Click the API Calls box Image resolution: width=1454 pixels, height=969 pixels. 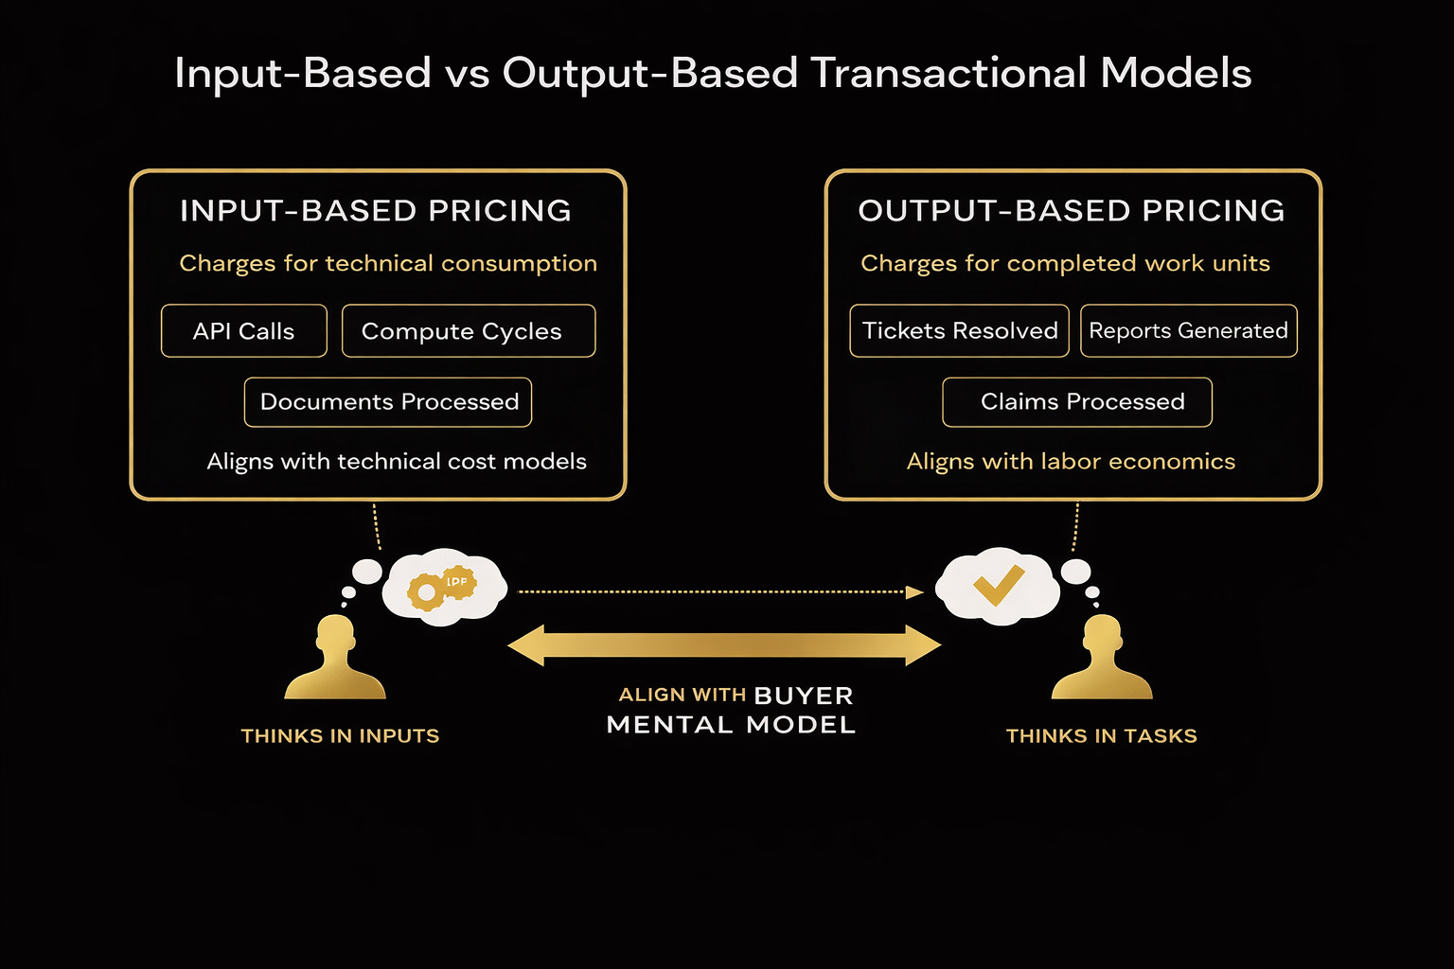(x=244, y=331)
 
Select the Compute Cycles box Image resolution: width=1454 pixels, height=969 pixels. (x=469, y=331)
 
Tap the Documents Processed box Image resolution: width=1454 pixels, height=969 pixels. (x=388, y=402)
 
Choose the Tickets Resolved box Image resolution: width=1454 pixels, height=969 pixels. (x=959, y=330)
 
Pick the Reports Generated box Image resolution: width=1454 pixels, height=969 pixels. (x=1188, y=330)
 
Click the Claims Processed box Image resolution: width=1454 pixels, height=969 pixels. (x=1077, y=402)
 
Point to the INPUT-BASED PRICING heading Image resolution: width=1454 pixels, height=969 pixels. (x=376, y=210)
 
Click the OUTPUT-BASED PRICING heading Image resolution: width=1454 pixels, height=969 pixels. (x=1072, y=210)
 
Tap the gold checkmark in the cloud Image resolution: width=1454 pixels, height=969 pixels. (x=999, y=585)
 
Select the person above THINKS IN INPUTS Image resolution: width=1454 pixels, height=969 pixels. (x=335, y=658)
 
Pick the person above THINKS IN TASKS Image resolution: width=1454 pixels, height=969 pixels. (x=1102, y=658)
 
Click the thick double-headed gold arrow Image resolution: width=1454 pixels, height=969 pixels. (x=724, y=645)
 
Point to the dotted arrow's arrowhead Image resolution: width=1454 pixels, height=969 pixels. (x=914, y=592)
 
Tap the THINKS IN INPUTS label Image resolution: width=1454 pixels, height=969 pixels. (x=340, y=736)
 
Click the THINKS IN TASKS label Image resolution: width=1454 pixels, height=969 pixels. (x=1101, y=736)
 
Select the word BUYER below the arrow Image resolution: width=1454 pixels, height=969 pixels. (x=804, y=696)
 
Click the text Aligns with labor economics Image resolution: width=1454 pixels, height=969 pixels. (x=1071, y=462)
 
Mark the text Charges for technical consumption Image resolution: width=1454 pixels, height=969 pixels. (x=388, y=263)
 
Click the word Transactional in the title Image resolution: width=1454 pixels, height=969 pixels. (x=949, y=74)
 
